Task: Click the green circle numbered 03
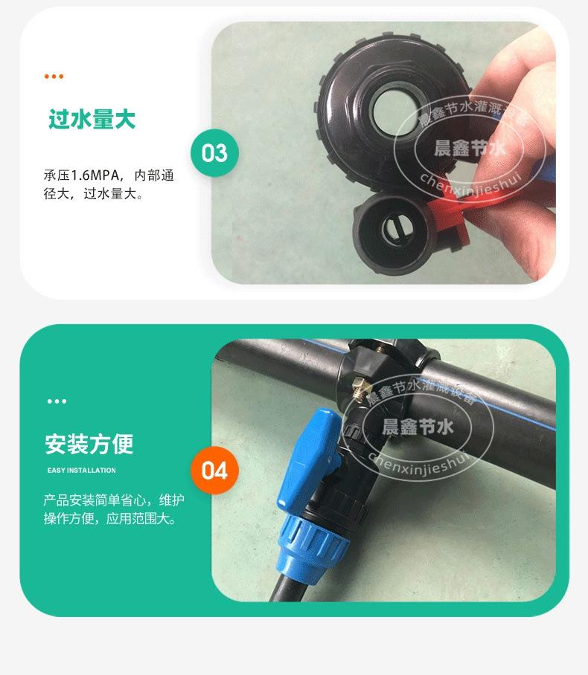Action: click(214, 153)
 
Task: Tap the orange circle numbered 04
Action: click(214, 471)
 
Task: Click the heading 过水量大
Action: click(92, 119)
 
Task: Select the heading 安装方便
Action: click(89, 444)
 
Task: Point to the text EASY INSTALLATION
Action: click(82, 471)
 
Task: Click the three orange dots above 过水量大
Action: click(54, 77)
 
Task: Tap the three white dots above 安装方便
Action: click(57, 401)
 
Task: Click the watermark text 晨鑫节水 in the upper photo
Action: click(470, 147)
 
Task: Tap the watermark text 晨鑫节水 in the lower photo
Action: click(417, 427)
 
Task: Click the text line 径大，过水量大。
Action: click(93, 195)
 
